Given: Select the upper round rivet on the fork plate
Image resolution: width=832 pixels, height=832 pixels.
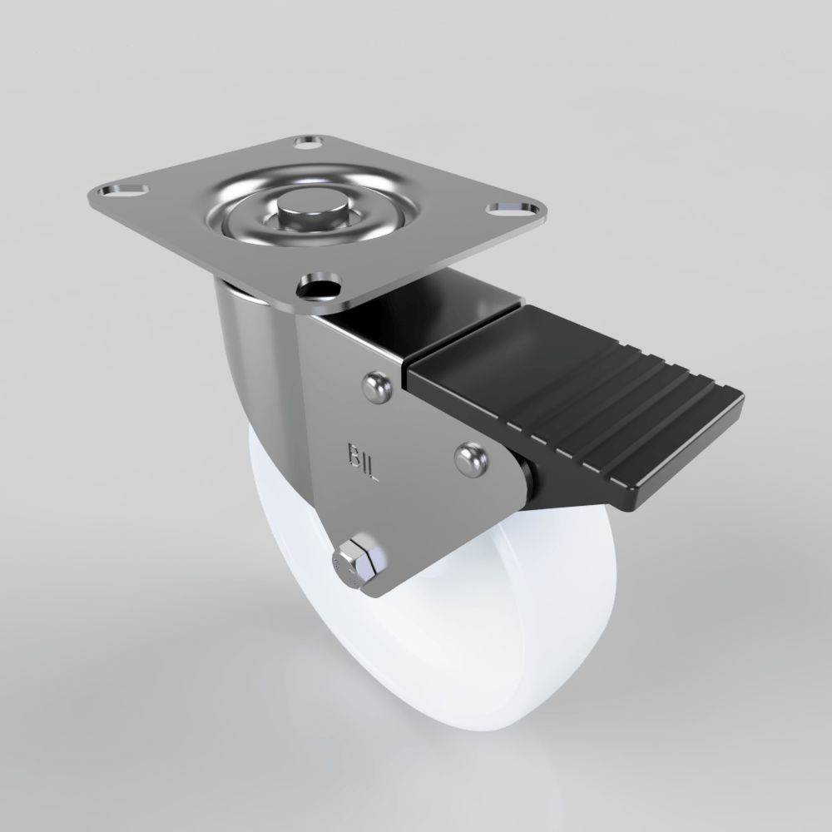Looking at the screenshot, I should (x=376, y=387).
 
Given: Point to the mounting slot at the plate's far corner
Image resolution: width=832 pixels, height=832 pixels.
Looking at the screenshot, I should (x=309, y=142).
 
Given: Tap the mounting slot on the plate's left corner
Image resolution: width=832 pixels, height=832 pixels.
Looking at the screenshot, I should (x=116, y=193).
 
